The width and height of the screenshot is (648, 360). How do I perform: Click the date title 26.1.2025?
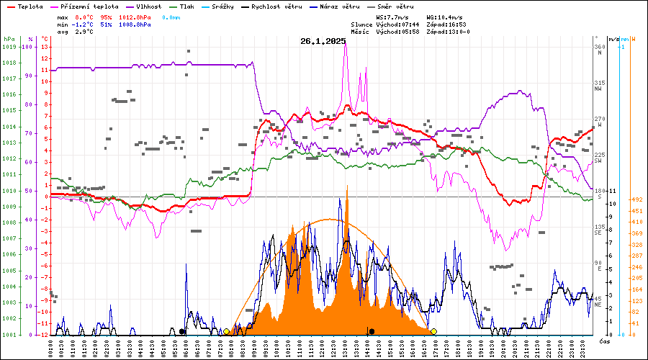(323, 41)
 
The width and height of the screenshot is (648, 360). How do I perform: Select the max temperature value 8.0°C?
(84, 17)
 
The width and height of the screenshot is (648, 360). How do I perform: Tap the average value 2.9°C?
(84, 32)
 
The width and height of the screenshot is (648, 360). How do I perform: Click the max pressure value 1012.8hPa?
(134, 17)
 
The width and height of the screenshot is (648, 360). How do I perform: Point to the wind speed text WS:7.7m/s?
(392, 17)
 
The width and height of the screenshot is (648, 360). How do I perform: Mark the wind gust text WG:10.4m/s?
(444, 17)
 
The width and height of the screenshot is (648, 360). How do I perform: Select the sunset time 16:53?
(460, 24)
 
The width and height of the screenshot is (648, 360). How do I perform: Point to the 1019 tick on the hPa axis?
(9, 47)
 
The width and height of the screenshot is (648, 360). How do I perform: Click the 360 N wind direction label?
(599, 50)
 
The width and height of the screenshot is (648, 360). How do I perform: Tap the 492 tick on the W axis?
(637, 199)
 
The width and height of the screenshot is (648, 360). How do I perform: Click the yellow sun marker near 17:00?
(433, 331)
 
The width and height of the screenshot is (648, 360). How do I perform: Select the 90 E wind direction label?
(598, 266)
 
